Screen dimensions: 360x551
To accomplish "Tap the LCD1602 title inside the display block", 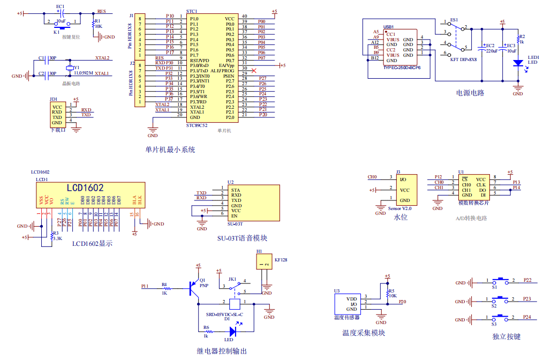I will (85, 188).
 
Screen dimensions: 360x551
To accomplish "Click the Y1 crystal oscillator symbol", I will (69, 67).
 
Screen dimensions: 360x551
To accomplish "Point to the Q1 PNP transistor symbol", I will (193, 287).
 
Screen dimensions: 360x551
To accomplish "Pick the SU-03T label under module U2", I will (235, 224).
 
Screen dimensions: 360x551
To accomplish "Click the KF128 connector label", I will (281, 259).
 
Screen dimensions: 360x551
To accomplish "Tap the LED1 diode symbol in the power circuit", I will (518, 63).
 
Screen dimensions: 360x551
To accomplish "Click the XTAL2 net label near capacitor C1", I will (102, 58).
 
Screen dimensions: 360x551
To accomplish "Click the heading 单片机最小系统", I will (170, 149).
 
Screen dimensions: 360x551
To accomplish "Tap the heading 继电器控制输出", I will (222, 351).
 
